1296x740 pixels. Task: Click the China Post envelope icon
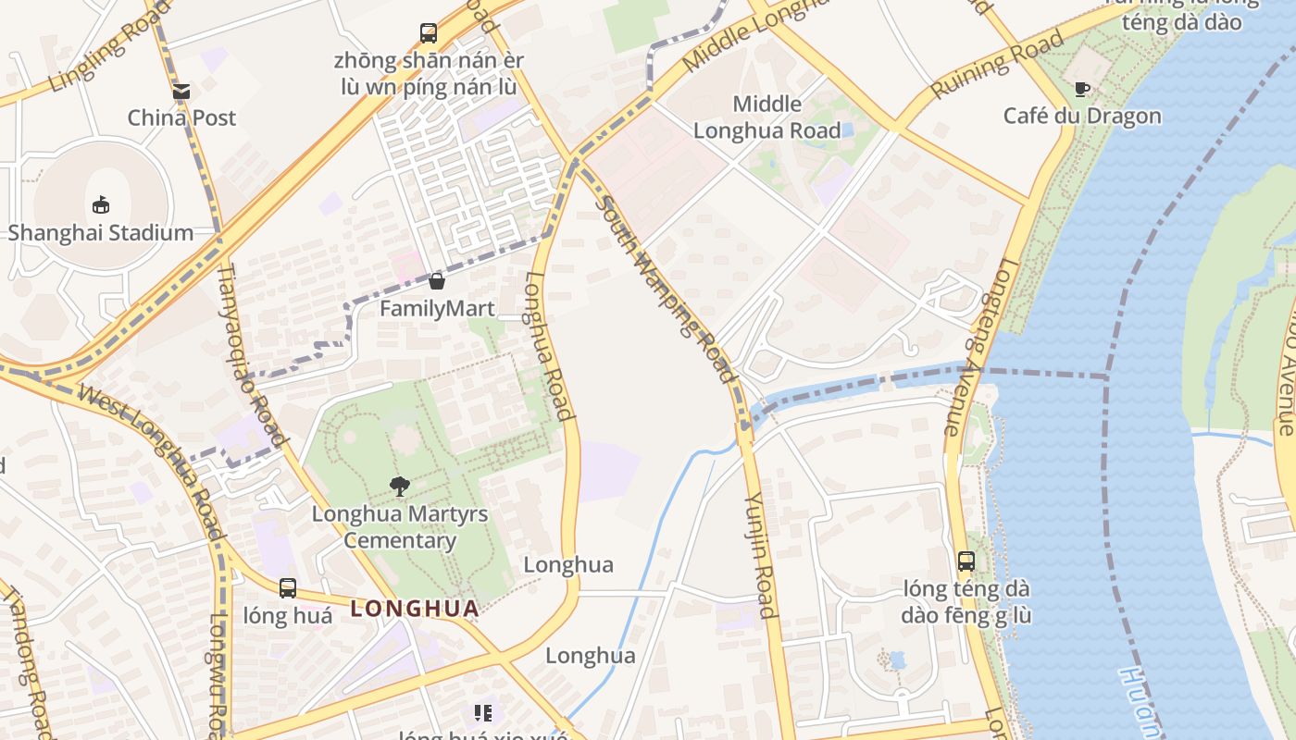(181, 92)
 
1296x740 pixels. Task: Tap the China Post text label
(181, 117)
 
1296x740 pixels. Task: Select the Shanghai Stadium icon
(101, 204)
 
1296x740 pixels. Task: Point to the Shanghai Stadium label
(101, 232)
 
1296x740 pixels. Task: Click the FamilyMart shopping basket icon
(437, 281)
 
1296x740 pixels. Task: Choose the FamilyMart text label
(437, 308)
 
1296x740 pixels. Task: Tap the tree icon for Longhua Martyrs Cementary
(400, 486)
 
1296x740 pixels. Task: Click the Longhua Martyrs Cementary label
(400, 527)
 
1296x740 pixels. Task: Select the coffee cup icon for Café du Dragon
(1081, 90)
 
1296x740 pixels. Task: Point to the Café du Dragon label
(1081, 116)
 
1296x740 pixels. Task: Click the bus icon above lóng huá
(288, 588)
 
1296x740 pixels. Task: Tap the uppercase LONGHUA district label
(415, 609)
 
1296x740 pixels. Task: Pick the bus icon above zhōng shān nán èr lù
(429, 33)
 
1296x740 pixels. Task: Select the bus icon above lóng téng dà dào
(966, 561)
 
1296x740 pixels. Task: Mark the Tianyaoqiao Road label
(253, 352)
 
